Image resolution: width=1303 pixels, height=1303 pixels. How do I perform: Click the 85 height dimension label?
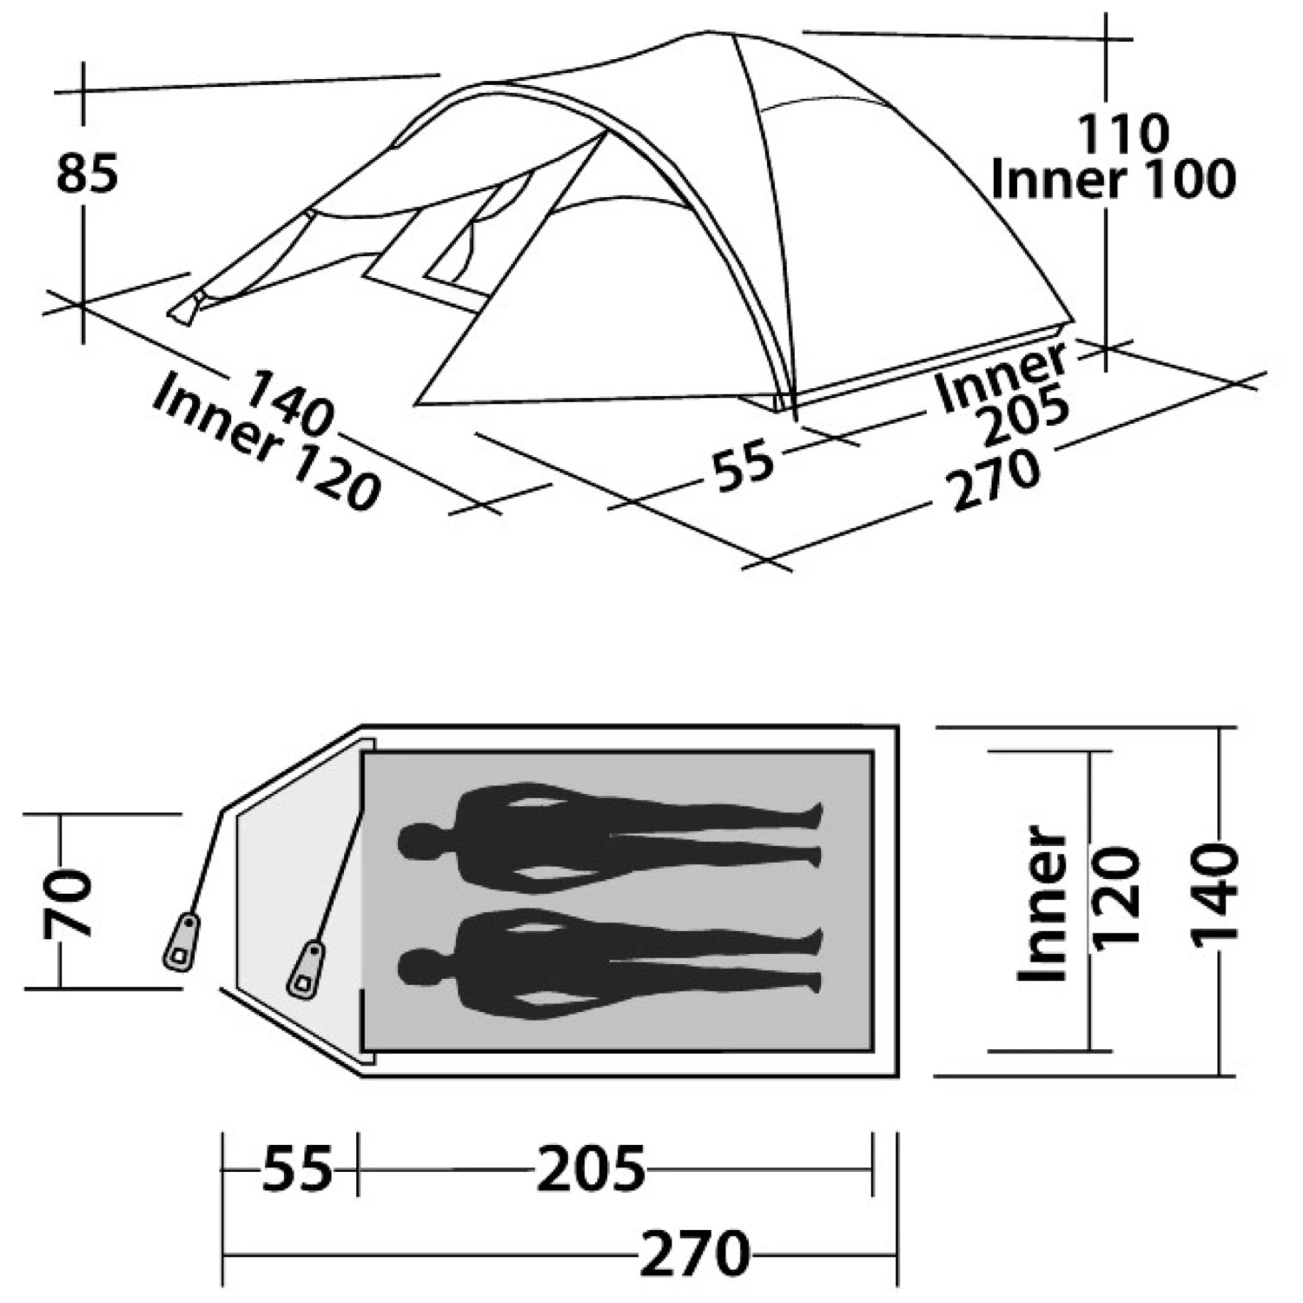(87, 174)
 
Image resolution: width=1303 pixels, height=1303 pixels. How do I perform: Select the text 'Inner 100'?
(1113, 180)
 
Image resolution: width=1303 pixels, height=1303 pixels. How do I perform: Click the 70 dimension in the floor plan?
(69, 903)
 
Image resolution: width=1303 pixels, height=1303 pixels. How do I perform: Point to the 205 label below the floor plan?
(592, 1169)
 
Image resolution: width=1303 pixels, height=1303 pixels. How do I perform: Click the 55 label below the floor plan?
(297, 1169)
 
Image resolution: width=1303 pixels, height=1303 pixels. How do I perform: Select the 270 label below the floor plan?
(695, 1253)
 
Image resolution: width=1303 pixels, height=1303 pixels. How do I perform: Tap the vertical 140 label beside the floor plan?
(1214, 896)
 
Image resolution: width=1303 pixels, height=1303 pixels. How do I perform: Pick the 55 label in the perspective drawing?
(744, 464)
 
